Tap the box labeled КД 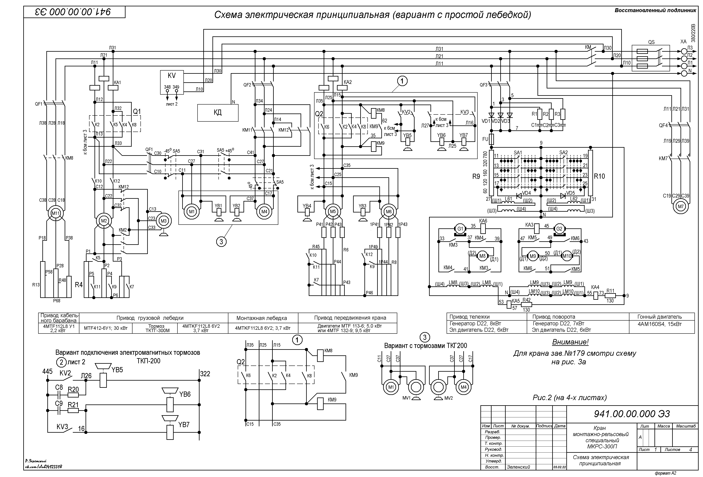click(x=218, y=113)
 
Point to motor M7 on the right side click(x=681, y=207)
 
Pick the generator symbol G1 click(x=460, y=229)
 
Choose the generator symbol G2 click(x=559, y=229)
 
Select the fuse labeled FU click(x=491, y=139)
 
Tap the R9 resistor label click(x=476, y=176)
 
